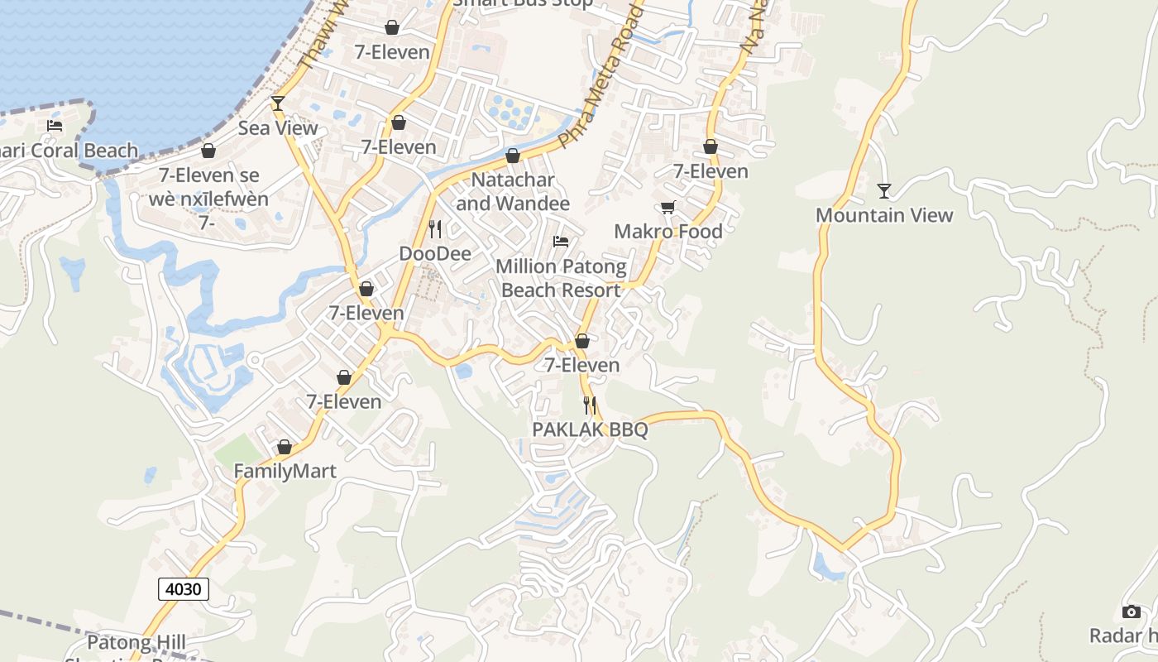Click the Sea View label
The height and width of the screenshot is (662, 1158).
pos(278,128)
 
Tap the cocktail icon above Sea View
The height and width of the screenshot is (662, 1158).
pos(278,103)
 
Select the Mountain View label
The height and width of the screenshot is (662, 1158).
pos(884,215)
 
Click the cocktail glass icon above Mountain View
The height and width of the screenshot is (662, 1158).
pos(884,191)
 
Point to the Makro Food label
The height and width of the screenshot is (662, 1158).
pos(668,232)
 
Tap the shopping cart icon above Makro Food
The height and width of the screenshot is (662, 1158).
pos(668,208)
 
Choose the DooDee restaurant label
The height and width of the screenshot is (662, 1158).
pos(435,253)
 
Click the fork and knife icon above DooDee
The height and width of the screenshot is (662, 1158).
pos(435,229)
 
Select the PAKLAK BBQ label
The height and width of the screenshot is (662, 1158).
pos(590,429)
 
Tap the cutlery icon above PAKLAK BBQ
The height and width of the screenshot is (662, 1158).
pos(590,405)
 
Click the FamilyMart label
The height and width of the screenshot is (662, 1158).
pos(285,472)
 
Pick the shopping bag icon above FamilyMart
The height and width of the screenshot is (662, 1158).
pos(285,448)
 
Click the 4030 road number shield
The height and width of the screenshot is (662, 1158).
pos(184,589)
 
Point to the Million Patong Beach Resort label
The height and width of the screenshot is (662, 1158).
pos(561,278)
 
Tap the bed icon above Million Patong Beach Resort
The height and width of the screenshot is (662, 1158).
pos(561,242)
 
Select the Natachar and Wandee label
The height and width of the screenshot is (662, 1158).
pos(513,191)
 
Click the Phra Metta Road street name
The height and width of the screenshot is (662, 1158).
pos(601,79)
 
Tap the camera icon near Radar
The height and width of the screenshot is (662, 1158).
pos(1132,612)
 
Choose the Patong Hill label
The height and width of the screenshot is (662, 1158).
pos(136,642)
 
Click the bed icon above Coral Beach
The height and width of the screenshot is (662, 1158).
pos(55,126)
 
